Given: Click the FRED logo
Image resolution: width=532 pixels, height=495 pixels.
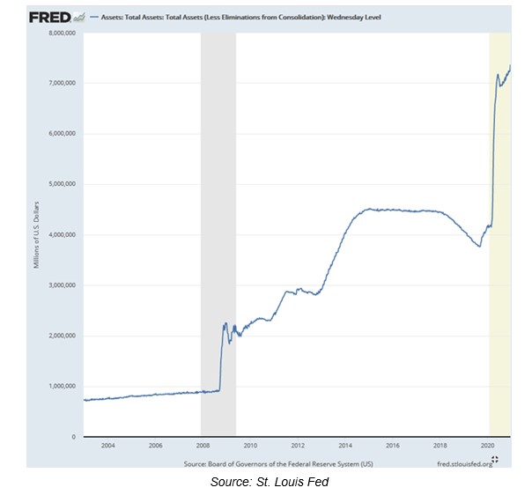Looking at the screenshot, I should pyautogui.click(x=48, y=17).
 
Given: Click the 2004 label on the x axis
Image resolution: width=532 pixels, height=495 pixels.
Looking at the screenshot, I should pyautogui.click(x=107, y=447).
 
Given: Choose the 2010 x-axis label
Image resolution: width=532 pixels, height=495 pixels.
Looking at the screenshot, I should pyautogui.click(x=250, y=447).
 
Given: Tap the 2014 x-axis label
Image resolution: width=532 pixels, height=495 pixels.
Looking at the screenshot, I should pyautogui.click(x=345, y=447).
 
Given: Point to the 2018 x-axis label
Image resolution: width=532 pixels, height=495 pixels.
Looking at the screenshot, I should pyautogui.click(x=440, y=447).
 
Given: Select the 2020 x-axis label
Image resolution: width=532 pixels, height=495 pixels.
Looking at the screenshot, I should pyautogui.click(x=488, y=447).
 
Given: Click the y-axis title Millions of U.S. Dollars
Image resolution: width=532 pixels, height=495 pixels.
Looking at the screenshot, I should pyautogui.click(x=38, y=234).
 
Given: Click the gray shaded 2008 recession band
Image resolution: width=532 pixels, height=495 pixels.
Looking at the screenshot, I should pyautogui.click(x=218, y=176).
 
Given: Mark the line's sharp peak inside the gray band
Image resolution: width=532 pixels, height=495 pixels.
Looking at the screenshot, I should pyautogui.click(x=225, y=323).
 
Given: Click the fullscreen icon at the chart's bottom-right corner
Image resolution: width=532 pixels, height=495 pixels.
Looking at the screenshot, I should pyautogui.click(x=495, y=461).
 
